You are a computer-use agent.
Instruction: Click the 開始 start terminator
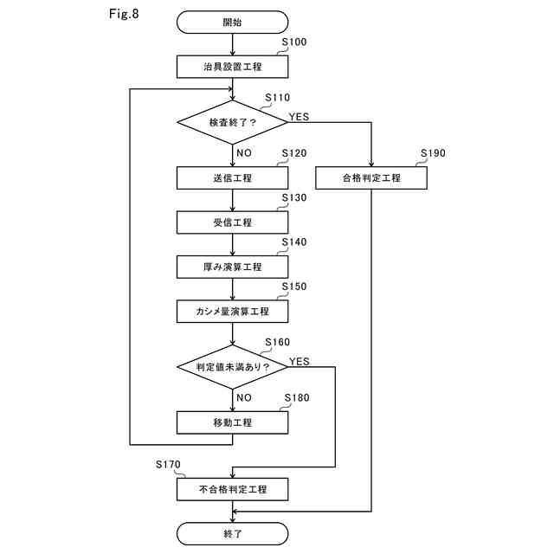point(233,23)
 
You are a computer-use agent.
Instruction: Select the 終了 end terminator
point(233,533)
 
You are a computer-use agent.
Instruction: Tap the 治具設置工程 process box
point(233,67)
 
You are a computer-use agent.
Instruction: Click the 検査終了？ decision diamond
point(233,122)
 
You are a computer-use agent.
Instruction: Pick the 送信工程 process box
point(233,178)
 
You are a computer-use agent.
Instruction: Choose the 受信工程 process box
point(233,222)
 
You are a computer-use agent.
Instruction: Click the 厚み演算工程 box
point(233,267)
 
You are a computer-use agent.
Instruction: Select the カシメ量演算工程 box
point(233,312)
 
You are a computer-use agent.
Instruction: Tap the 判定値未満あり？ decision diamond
point(233,367)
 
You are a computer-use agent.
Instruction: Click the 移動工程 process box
point(233,422)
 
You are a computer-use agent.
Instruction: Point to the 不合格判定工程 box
point(233,489)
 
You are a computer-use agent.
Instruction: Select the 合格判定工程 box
point(371,178)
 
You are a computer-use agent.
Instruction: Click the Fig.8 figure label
point(124,14)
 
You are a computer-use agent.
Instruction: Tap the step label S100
point(294,42)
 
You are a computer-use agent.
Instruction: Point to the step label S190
point(433,153)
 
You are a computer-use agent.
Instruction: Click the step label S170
point(168,465)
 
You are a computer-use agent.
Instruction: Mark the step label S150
point(294,287)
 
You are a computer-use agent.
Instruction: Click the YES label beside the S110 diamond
point(299,117)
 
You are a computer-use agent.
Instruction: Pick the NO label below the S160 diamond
point(244,398)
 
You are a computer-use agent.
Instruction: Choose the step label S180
point(297,398)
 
